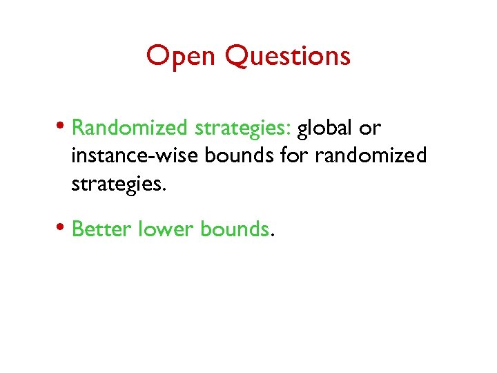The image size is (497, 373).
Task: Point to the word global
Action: coord(324,128)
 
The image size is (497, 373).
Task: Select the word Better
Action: coord(101,229)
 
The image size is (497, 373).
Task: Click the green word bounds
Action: coord(234,229)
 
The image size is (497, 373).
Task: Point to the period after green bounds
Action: coord(272,235)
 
